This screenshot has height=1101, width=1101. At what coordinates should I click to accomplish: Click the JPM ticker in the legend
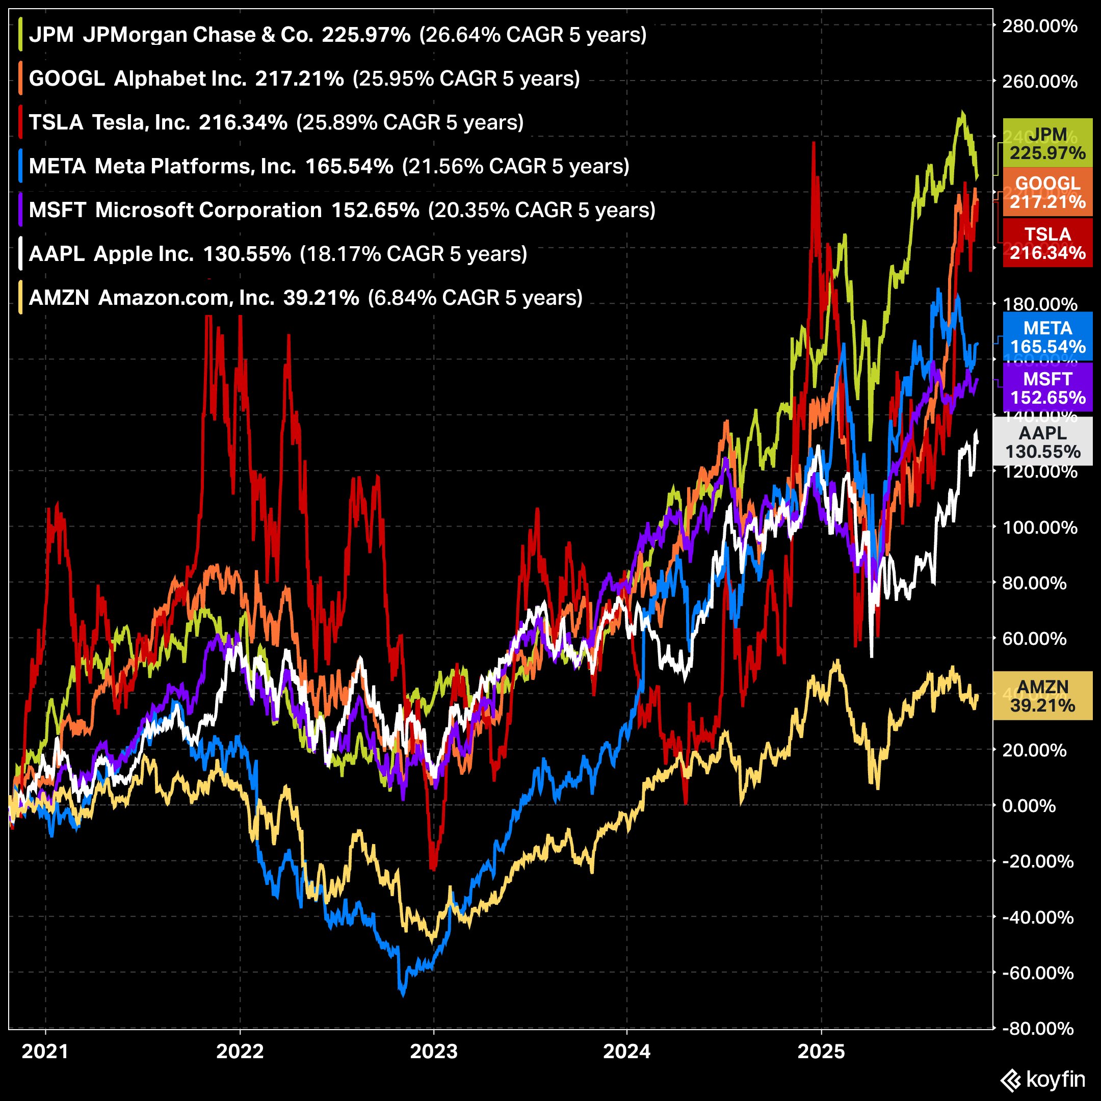pyautogui.click(x=51, y=35)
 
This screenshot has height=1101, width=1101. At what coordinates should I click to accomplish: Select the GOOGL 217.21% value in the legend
pyautogui.click(x=299, y=78)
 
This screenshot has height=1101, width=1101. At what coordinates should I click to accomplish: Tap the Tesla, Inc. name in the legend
pyautogui.click(x=141, y=122)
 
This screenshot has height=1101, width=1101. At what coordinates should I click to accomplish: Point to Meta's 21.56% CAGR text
pyautogui.click(x=515, y=166)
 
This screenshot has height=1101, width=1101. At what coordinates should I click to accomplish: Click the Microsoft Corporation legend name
pyautogui.click(x=208, y=211)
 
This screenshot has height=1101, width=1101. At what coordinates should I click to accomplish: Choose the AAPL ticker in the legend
pyautogui.click(x=57, y=254)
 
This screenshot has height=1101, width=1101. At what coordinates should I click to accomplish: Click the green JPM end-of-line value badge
pyautogui.click(x=1047, y=144)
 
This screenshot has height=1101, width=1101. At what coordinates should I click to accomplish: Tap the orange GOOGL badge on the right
pyautogui.click(x=1047, y=193)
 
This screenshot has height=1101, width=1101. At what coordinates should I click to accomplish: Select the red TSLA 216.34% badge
pyautogui.click(x=1047, y=243)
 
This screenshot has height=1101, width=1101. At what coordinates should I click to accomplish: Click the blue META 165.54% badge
pyautogui.click(x=1047, y=337)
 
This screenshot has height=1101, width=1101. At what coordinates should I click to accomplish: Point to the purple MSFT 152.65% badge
pyautogui.click(x=1047, y=388)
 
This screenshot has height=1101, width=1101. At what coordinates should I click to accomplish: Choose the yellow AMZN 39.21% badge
pyautogui.click(x=1043, y=696)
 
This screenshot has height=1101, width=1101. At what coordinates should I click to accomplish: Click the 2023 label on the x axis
pyautogui.click(x=434, y=1052)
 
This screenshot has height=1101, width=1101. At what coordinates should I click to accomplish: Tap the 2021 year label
pyautogui.click(x=45, y=1052)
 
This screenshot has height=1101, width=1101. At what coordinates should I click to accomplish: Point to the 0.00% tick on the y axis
pyautogui.click(x=1029, y=806)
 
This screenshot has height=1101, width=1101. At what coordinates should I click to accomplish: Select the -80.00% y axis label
pyautogui.click(x=1038, y=1029)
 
